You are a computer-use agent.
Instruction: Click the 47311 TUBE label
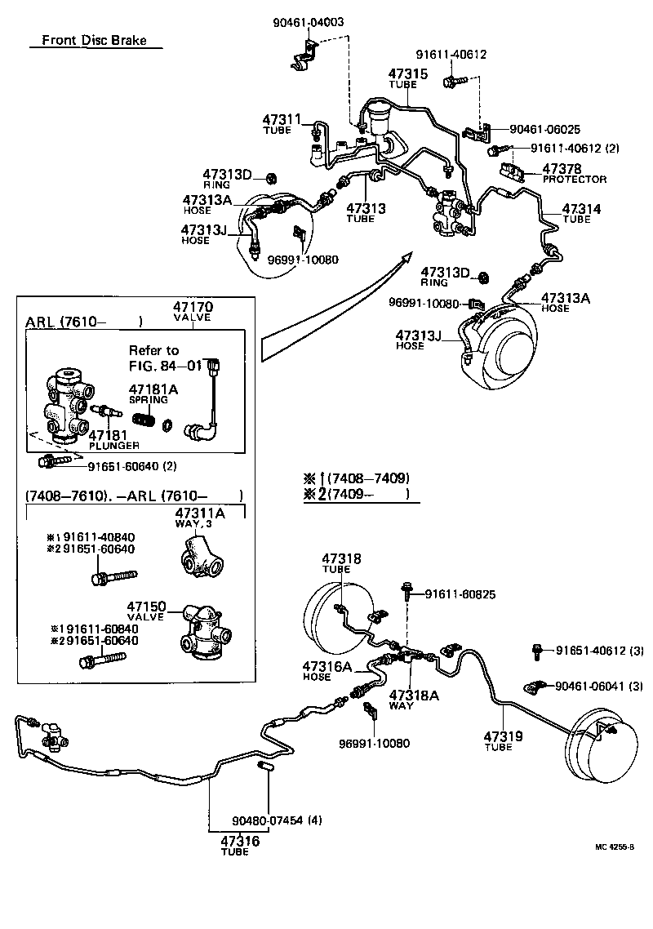pyautogui.click(x=282, y=124)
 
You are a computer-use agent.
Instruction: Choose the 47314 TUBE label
pyautogui.click(x=582, y=214)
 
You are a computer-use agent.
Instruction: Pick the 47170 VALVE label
pyautogui.click(x=193, y=312)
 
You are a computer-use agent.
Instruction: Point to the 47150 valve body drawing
pyautogui.click(x=204, y=629)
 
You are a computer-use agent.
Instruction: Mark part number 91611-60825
pyautogui.click(x=460, y=595)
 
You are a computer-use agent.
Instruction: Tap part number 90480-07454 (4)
pyautogui.click(x=277, y=820)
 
